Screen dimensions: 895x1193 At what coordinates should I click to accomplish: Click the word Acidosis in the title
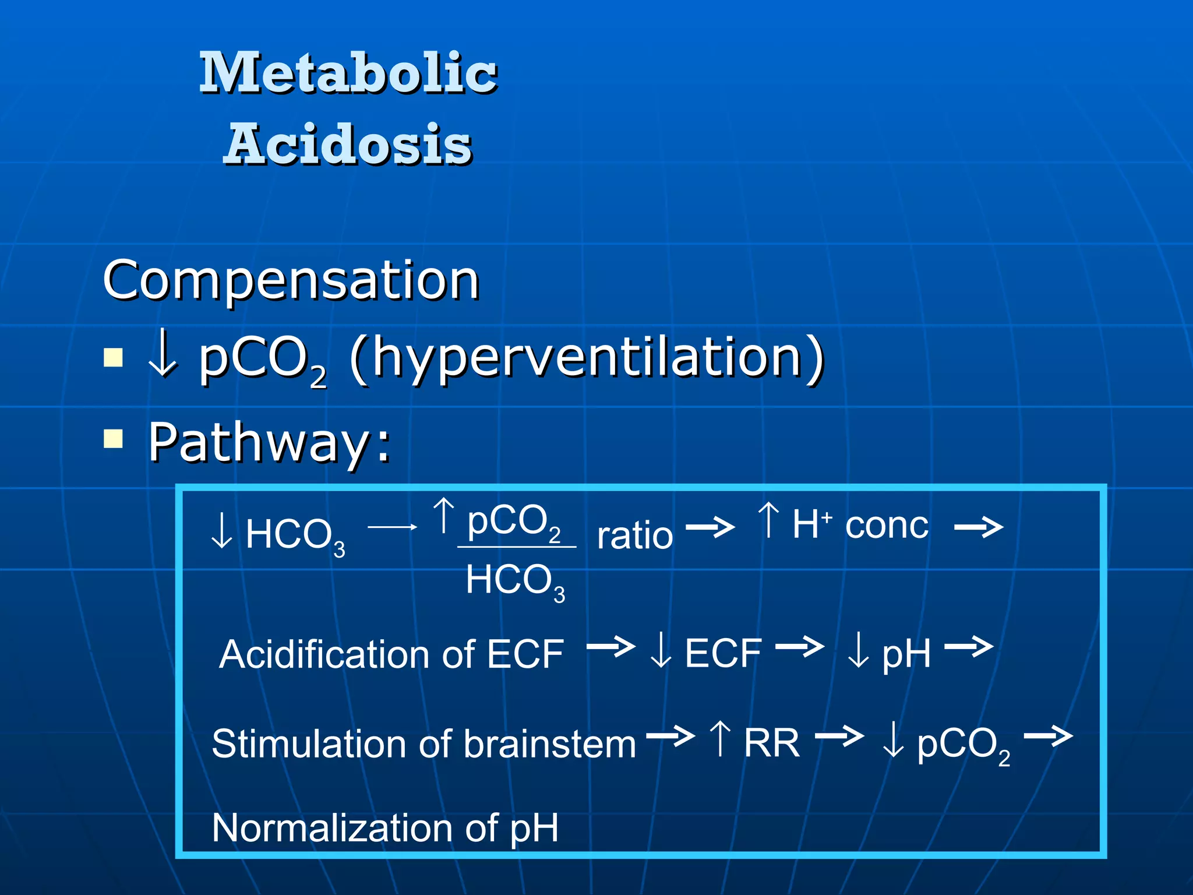[x=348, y=145]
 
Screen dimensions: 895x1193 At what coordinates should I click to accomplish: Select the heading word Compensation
[x=291, y=280]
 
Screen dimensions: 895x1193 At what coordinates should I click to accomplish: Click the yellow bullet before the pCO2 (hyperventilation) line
[x=113, y=357]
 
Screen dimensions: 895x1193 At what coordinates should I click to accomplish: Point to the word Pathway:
[x=269, y=443]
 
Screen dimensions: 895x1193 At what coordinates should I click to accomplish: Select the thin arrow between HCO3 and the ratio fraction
[x=392, y=527]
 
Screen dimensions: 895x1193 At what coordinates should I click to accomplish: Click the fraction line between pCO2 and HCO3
[x=517, y=547]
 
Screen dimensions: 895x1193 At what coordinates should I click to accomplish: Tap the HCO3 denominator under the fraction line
[x=515, y=582]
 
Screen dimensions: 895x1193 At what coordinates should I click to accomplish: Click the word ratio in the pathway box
[x=635, y=535]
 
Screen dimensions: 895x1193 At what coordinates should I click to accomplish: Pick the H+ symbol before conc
[x=811, y=524]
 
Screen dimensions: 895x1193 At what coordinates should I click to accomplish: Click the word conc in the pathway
[x=887, y=526]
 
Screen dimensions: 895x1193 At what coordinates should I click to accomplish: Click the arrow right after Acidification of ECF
[x=610, y=646]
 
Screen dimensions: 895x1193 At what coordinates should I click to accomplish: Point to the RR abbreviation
[x=771, y=744]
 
